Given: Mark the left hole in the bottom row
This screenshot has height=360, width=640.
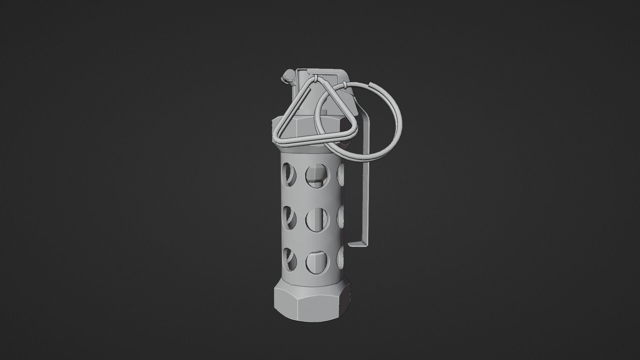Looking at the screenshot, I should coord(289,260).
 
